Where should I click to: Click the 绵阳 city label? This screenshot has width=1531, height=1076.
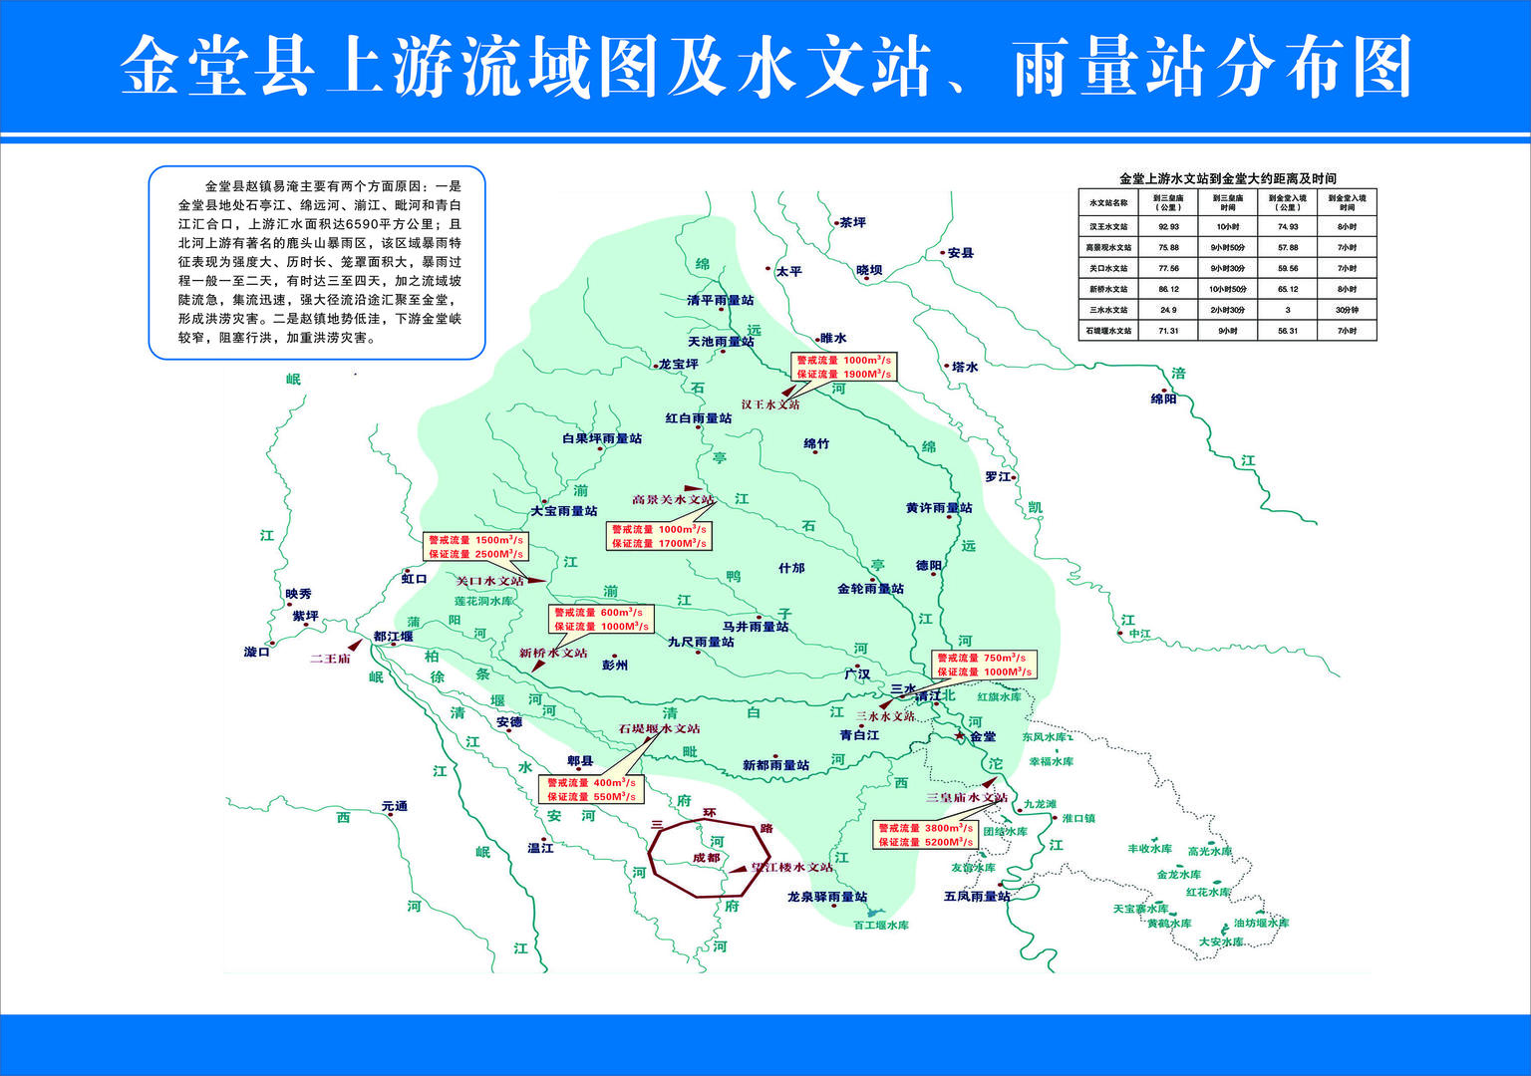1163,399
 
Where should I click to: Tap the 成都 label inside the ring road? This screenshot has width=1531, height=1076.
706,858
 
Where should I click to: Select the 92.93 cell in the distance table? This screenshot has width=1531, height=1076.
1168,227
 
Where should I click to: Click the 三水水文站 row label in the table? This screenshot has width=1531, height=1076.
1108,310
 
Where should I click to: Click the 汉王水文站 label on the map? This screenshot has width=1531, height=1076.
770,404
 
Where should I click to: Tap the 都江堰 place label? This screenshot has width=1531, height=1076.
393,637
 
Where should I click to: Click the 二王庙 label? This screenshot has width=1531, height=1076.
330,659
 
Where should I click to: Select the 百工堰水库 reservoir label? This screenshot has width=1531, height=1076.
880,925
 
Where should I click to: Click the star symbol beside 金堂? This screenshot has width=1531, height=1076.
960,735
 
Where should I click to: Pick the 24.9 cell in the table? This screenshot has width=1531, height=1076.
1168,310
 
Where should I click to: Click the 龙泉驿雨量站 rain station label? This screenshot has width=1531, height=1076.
826,897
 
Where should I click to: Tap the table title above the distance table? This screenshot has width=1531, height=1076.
1227,178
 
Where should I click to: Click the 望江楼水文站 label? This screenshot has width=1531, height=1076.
792,867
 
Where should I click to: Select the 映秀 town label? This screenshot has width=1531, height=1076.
298,594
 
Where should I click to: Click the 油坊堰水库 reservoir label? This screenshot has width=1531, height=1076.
1261,923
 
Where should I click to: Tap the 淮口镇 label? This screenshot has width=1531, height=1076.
1078,818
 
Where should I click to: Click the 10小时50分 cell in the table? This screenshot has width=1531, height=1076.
1227,289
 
